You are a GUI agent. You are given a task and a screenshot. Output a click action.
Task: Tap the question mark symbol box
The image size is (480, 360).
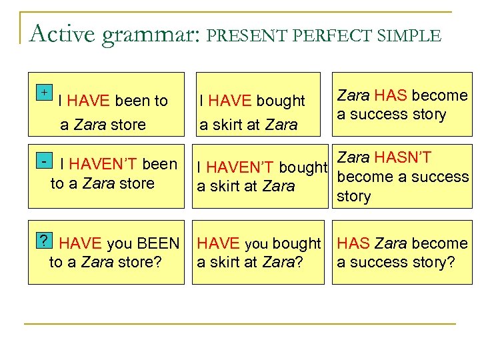point(44,241)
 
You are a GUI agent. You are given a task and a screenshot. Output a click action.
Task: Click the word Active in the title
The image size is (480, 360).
point(63,33)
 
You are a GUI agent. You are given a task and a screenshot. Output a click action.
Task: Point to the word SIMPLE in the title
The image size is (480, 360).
point(409,35)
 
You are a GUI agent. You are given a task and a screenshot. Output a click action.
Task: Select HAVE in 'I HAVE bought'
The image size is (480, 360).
point(230,101)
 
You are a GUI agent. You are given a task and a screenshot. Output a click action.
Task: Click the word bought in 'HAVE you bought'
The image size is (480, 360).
point(295,244)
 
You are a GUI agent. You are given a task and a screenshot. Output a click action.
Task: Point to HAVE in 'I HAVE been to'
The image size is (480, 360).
point(89,101)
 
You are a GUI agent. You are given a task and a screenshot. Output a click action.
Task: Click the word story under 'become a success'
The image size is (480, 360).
point(353,197)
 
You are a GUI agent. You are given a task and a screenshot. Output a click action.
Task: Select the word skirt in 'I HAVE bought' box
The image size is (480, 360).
point(231,125)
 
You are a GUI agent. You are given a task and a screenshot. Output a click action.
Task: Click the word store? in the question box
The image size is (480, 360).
point(139,263)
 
